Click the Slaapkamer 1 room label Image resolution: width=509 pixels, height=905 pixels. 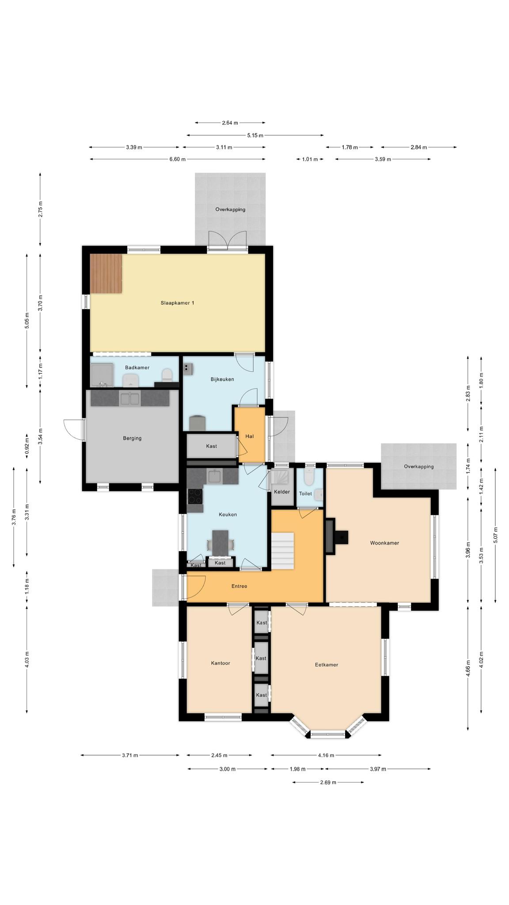click(177, 303)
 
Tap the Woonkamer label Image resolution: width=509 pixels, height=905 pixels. click(384, 543)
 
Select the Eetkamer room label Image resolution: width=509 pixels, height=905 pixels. click(327, 664)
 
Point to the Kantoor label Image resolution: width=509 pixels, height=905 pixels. click(220, 663)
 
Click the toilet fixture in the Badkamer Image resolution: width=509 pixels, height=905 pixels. click(167, 375)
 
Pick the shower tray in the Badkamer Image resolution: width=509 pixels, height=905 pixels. click(102, 375)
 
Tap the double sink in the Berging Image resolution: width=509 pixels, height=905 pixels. click(129, 399)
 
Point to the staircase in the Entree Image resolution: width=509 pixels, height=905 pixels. click(282, 551)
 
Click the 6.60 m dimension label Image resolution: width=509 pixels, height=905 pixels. click(177, 159)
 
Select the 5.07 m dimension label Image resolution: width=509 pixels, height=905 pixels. click(495, 535)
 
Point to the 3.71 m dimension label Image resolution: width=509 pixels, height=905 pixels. click(130, 755)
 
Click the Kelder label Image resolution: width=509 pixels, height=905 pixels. click(282, 492)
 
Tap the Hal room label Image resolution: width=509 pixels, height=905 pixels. click(250, 436)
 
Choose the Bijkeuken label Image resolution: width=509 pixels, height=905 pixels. click(222, 379)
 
